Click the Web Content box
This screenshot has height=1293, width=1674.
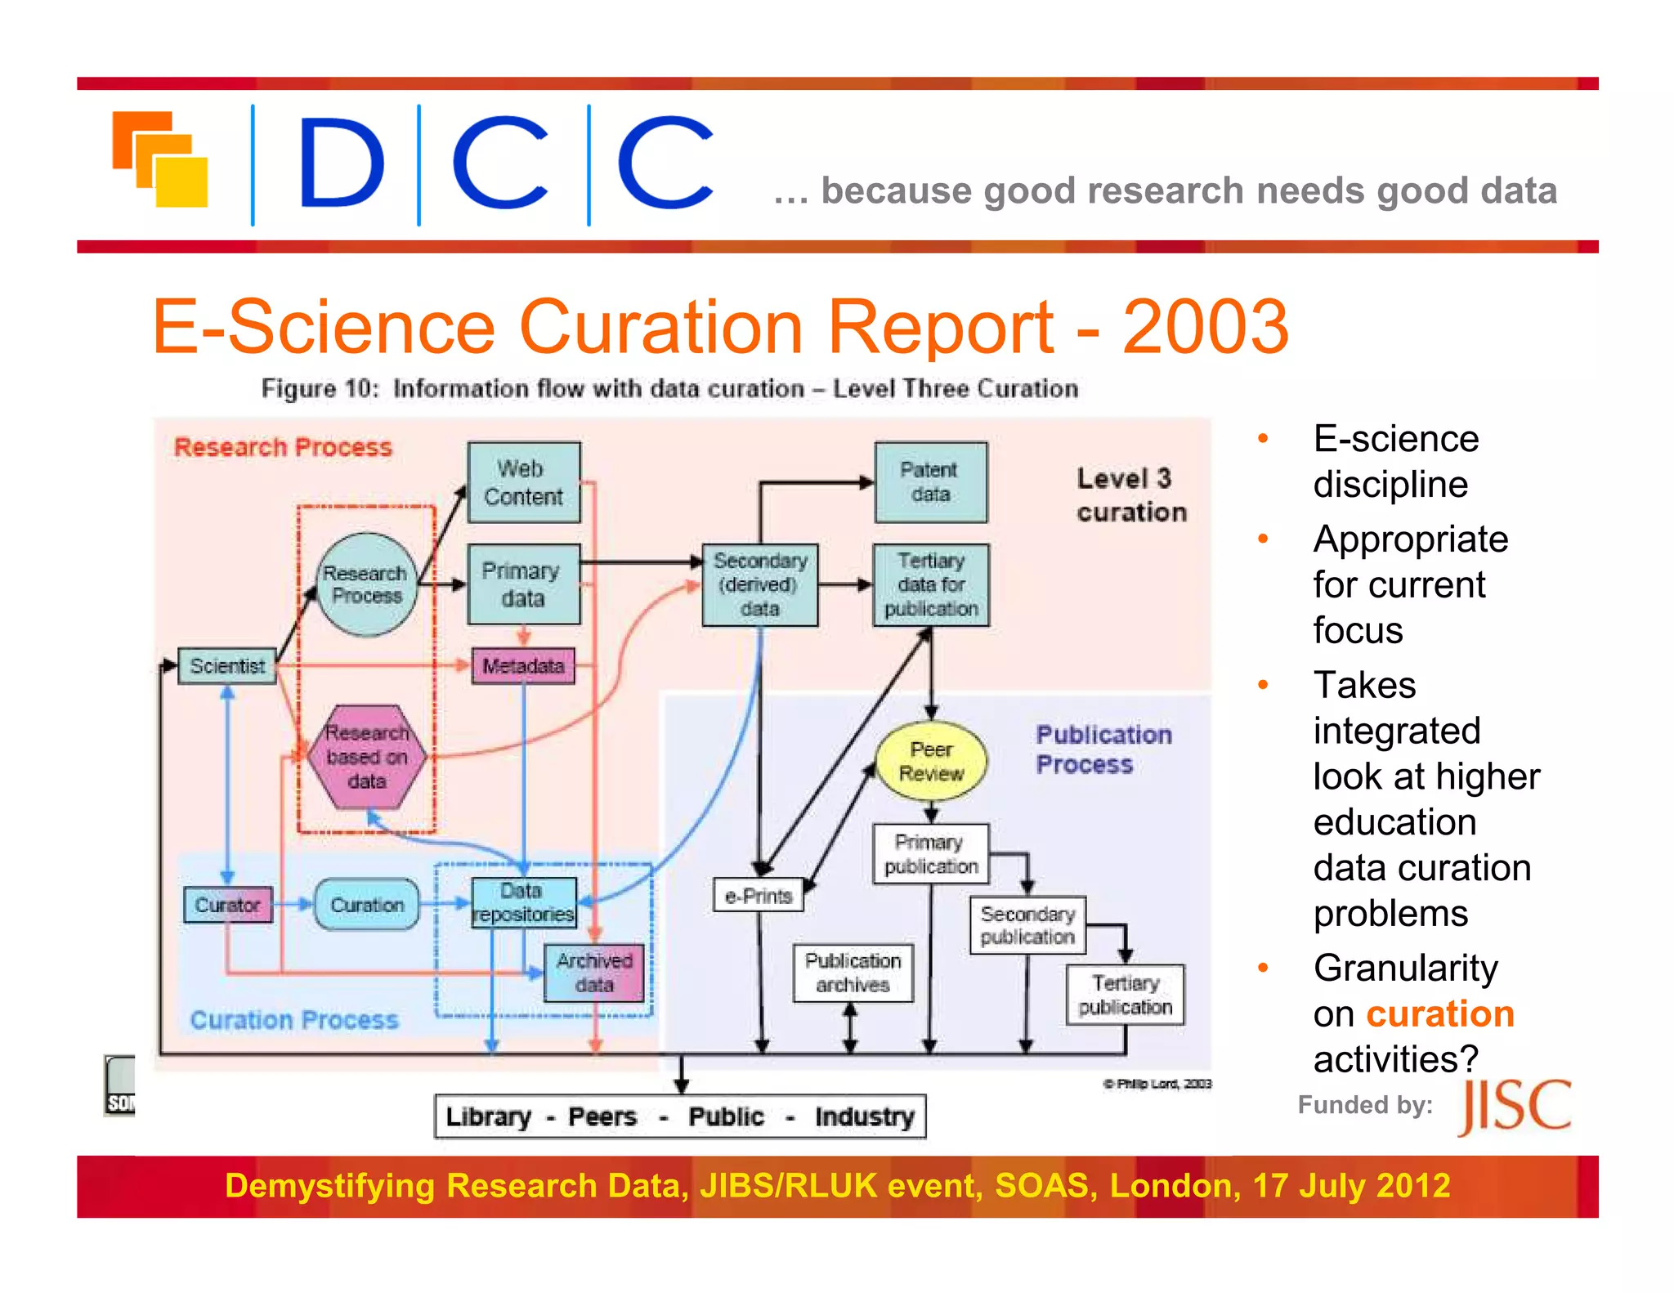(x=523, y=482)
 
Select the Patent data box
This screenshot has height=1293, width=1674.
(x=930, y=482)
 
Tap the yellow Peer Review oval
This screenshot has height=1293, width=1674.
(x=930, y=761)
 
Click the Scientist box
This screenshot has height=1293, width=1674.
(x=227, y=666)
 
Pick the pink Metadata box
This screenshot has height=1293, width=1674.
(x=523, y=666)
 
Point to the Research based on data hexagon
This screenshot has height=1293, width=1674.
(x=366, y=757)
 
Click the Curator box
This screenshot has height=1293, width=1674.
(x=227, y=905)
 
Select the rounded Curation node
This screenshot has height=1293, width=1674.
(x=367, y=905)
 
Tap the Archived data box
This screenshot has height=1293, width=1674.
(x=594, y=973)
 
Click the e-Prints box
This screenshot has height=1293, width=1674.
(x=758, y=896)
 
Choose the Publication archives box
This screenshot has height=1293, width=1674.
(x=853, y=973)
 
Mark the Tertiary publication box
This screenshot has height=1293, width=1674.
(x=1125, y=995)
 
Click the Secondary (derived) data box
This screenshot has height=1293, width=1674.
(x=759, y=584)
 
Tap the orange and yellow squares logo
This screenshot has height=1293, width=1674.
(x=160, y=159)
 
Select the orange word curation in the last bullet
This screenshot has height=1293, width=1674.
(x=1439, y=1013)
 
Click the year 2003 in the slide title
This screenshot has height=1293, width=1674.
(x=1205, y=327)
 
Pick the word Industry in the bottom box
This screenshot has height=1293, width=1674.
(x=864, y=1116)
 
